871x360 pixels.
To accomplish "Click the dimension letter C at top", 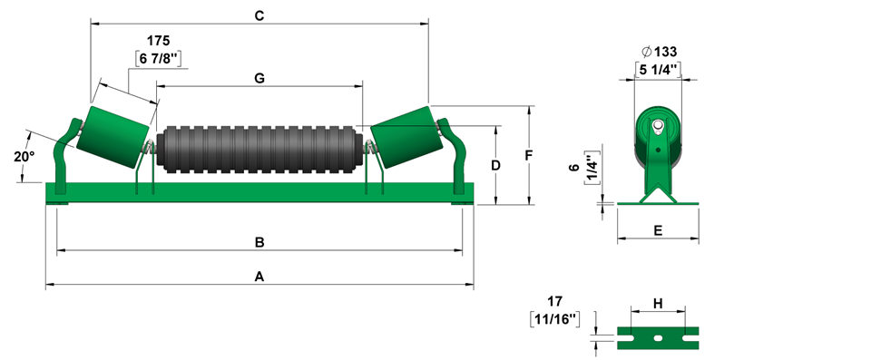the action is (259, 15).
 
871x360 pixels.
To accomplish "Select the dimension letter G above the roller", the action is (259, 78).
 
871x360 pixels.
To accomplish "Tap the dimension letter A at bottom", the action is (259, 276).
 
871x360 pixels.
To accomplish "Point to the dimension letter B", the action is (259, 242).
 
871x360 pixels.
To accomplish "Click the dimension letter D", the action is (496, 165).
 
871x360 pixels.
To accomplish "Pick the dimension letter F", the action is (529, 155).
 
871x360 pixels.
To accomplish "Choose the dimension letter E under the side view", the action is (659, 230).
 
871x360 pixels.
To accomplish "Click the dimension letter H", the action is (659, 304).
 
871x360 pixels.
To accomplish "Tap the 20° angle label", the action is (24, 157).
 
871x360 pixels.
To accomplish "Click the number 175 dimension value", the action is (158, 41).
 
